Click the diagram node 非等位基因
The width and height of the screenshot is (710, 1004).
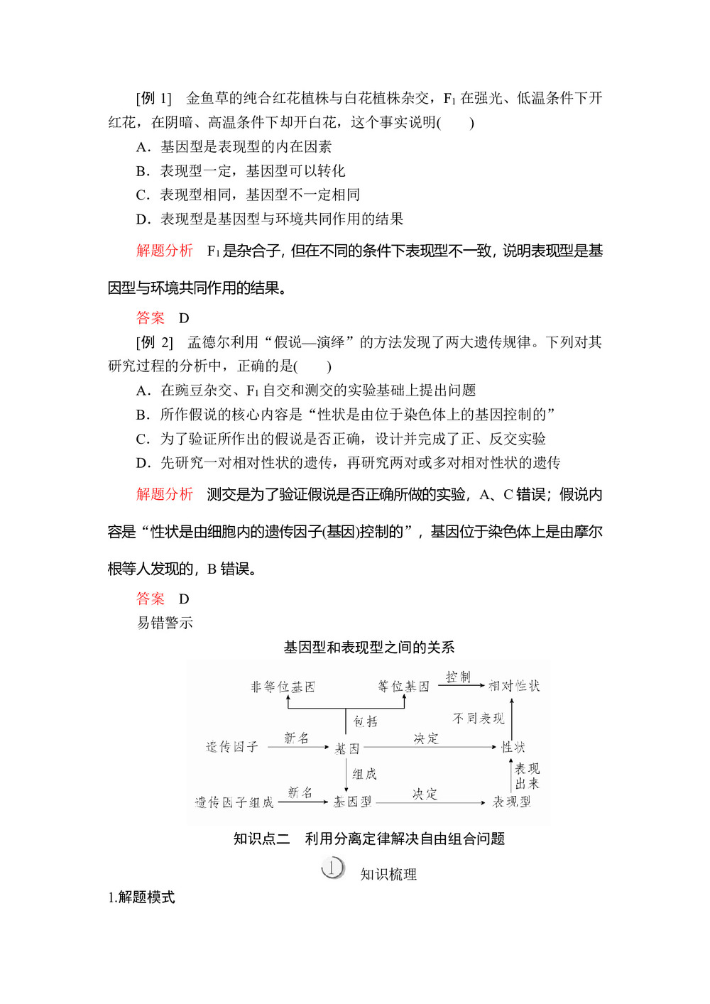283,687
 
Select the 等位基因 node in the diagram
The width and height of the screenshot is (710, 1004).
403,687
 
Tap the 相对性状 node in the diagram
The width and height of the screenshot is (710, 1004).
514,686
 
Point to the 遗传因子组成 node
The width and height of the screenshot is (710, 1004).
234,802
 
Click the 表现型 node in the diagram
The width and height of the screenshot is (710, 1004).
512,802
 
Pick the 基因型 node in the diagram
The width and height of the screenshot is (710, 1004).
353,802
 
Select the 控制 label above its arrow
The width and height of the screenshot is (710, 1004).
458,677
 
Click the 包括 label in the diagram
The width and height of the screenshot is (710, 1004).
366,721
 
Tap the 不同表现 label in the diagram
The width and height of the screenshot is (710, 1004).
479,719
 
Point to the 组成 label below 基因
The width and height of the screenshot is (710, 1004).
364,774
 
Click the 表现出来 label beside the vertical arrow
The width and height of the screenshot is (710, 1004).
527,776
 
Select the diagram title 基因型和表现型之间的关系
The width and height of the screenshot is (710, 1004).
368,648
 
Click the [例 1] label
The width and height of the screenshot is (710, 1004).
154,98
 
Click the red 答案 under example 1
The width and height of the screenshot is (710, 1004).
151,318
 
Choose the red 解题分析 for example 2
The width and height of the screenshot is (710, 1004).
165,494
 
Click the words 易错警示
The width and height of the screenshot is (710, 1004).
165,623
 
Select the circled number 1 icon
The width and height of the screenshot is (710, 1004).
332,868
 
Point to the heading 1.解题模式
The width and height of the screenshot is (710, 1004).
141,897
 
